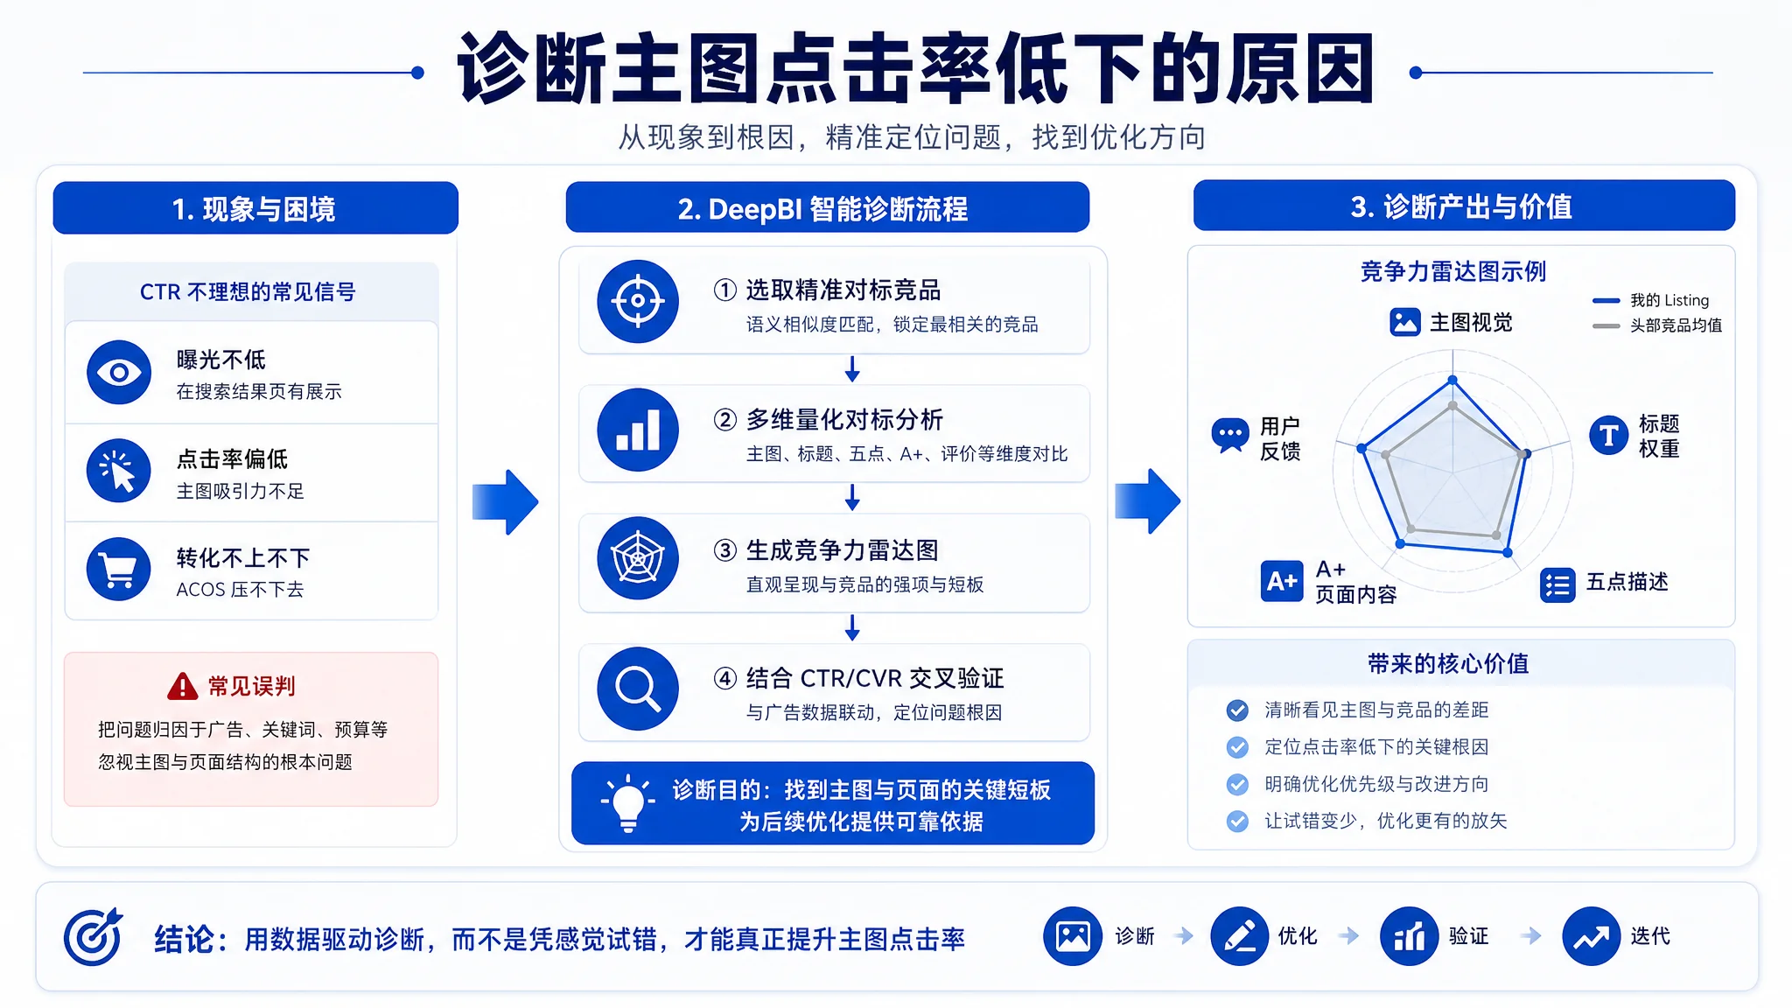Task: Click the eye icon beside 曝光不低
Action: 119,373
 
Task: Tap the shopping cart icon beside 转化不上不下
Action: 119,570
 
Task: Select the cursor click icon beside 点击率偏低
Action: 119,471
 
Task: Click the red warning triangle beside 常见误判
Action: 182,687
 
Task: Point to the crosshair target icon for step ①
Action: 638,301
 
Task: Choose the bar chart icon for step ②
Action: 638,430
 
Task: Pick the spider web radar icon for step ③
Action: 638,558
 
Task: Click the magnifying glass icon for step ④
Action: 638,689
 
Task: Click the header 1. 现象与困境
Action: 255,208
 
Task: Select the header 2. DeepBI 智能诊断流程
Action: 827,208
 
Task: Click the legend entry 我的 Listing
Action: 1651,300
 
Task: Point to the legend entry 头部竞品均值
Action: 1657,325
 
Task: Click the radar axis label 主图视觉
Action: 1452,322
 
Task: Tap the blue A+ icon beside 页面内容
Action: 1282,581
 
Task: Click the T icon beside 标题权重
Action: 1608,435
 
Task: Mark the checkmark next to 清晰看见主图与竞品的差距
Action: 1237,710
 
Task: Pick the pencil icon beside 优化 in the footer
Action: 1240,936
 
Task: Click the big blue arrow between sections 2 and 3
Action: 1148,501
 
